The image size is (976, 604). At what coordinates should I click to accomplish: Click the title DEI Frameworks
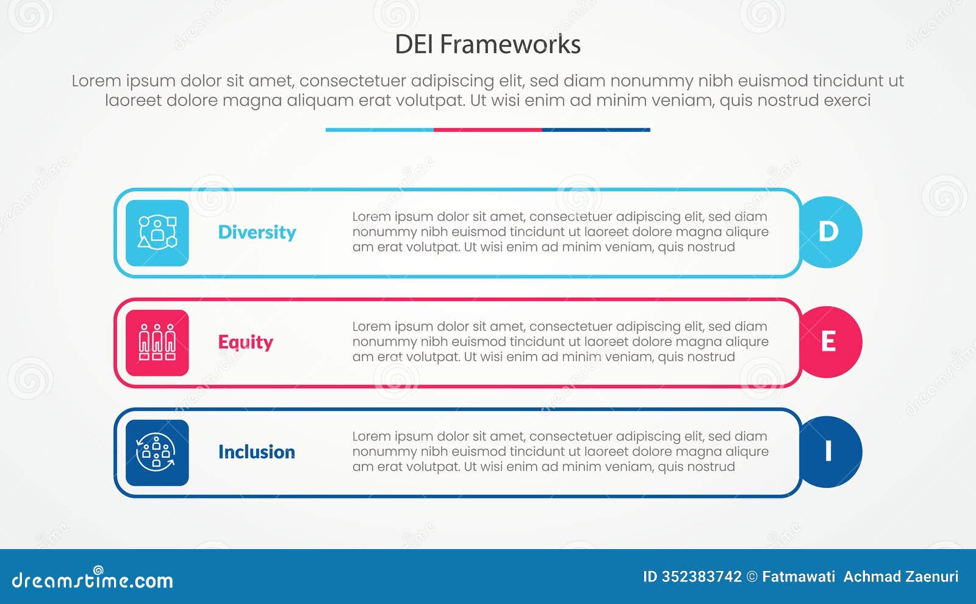[x=487, y=44]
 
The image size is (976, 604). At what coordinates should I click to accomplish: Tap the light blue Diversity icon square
[x=157, y=232]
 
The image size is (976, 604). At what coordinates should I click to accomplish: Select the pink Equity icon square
[x=157, y=342]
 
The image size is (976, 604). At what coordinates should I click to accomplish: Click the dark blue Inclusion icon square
[x=157, y=452]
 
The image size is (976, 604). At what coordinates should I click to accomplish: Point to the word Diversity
[x=257, y=232]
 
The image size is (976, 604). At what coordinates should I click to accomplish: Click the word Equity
[x=245, y=342]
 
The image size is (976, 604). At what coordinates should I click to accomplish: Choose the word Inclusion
[x=256, y=452]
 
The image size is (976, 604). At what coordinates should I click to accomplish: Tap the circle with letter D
[x=830, y=232]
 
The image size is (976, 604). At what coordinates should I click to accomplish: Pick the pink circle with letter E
[x=830, y=342]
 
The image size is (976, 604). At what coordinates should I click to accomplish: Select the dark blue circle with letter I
[x=830, y=451]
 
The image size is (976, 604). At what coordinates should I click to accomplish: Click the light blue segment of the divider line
[x=379, y=130]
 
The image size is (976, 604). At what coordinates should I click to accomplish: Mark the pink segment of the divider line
[x=487, y=130]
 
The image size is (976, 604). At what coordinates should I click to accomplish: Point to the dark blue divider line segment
[x=596, y=130]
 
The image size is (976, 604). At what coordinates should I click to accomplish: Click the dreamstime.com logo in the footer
[x=92, y=579]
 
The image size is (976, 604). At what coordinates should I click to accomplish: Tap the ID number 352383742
[x=701, y=577]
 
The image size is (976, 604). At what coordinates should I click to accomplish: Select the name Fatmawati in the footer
[x=798, y=577]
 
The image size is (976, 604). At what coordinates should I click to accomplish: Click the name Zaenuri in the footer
[x=931, y=577]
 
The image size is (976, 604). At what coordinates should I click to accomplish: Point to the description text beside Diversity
[x=560, y=232]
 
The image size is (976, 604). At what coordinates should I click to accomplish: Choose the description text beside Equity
[x=560, y=342]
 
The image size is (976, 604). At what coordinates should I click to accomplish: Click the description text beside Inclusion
[x=560, y=451]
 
